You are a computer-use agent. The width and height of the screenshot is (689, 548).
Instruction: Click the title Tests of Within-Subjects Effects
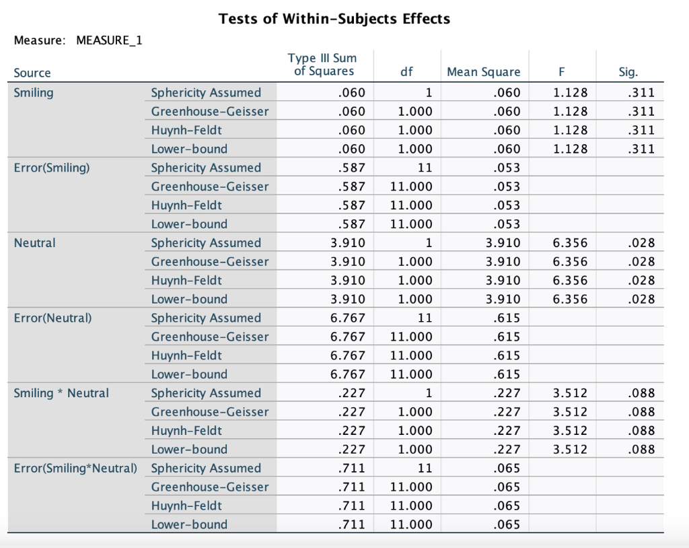334,19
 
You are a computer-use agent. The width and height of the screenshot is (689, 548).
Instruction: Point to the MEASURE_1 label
109,40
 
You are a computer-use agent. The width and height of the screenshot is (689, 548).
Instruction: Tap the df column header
406,72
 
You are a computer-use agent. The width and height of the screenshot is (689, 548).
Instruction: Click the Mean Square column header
483,72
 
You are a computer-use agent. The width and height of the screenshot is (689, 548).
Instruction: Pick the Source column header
32,73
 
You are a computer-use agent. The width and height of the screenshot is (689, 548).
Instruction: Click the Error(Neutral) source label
52,318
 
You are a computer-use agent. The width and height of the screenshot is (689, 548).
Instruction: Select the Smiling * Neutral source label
61,393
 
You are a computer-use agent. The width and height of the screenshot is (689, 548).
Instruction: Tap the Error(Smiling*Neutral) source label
75,468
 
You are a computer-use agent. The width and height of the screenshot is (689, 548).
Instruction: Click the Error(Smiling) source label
51,168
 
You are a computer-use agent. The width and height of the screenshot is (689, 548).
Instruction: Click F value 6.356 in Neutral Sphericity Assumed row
570,243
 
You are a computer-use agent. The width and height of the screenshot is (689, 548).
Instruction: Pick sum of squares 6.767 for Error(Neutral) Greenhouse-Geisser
349,337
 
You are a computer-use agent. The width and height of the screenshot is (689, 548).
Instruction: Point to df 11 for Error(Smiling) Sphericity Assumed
424,168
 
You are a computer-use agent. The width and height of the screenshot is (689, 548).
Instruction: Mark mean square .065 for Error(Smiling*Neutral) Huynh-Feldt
507,506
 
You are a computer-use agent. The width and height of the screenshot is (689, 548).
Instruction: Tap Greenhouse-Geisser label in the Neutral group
209,262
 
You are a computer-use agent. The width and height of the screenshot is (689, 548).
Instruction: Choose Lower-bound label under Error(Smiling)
189,224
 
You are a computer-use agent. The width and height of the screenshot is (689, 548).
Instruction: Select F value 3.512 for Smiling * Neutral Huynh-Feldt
570,431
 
